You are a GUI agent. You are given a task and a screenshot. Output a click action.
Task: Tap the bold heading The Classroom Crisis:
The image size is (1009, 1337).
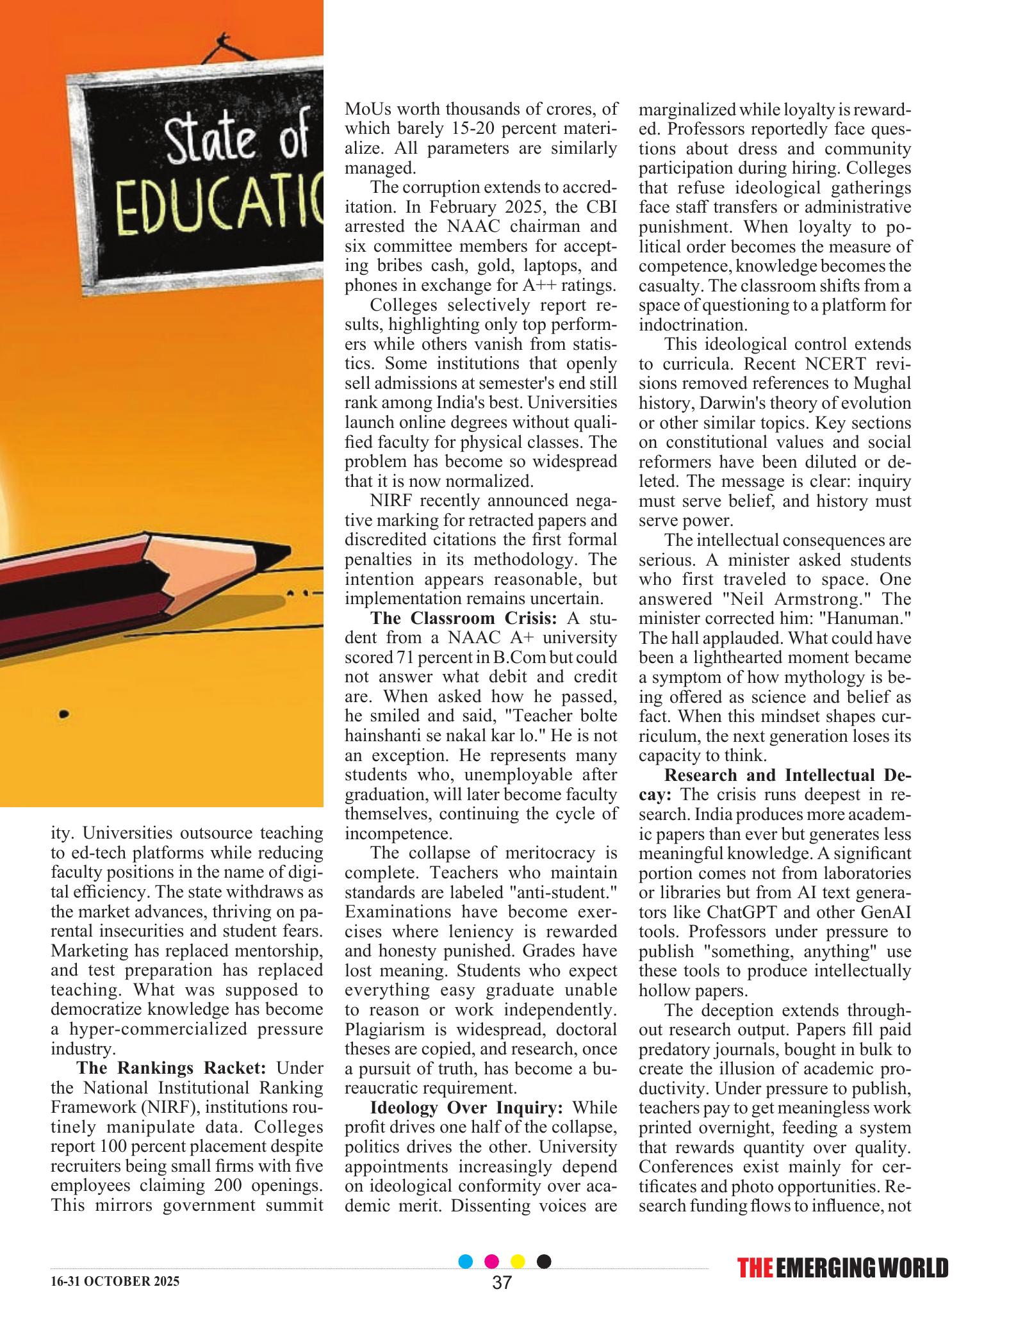(x=464, y=618)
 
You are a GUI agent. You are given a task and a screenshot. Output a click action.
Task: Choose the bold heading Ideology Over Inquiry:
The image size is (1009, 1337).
(x=466, y=1108)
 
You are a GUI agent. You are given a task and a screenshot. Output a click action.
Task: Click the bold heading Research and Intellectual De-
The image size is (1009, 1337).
(x=787, y=775)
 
